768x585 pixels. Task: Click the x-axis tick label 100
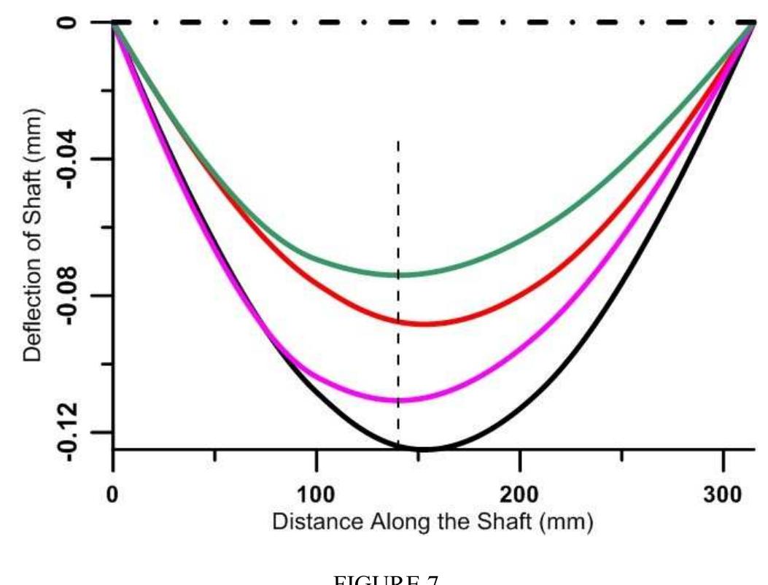tap(316, 494)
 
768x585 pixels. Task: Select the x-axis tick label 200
tap(519, 494)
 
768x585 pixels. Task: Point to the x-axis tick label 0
tap(113, 494)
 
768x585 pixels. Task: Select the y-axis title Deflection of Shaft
tap(32, 235)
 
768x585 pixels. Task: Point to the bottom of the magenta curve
tap(397, 400)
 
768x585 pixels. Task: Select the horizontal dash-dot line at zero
tap(438, 23)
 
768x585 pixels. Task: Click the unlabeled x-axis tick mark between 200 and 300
tap(621, 456)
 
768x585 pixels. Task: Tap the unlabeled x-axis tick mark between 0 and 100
tap(214, 456)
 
